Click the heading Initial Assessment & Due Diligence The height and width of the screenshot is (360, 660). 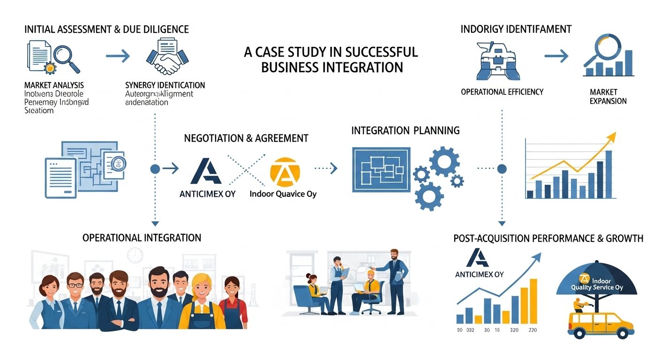pos(106,30)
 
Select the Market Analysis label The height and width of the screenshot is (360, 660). pos(54,85)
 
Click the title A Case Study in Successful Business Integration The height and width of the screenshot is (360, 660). pos(331,59)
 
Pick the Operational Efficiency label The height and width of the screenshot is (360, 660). pos(502,92)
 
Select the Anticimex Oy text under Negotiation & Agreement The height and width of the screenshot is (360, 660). pos(208,193)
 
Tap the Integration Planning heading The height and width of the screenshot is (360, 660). pos(405,130)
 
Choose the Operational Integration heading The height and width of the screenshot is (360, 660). pos(142,238)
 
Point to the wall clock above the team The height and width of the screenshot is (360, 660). pos(135,255)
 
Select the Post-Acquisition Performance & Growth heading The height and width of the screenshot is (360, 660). pos(548,239)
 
